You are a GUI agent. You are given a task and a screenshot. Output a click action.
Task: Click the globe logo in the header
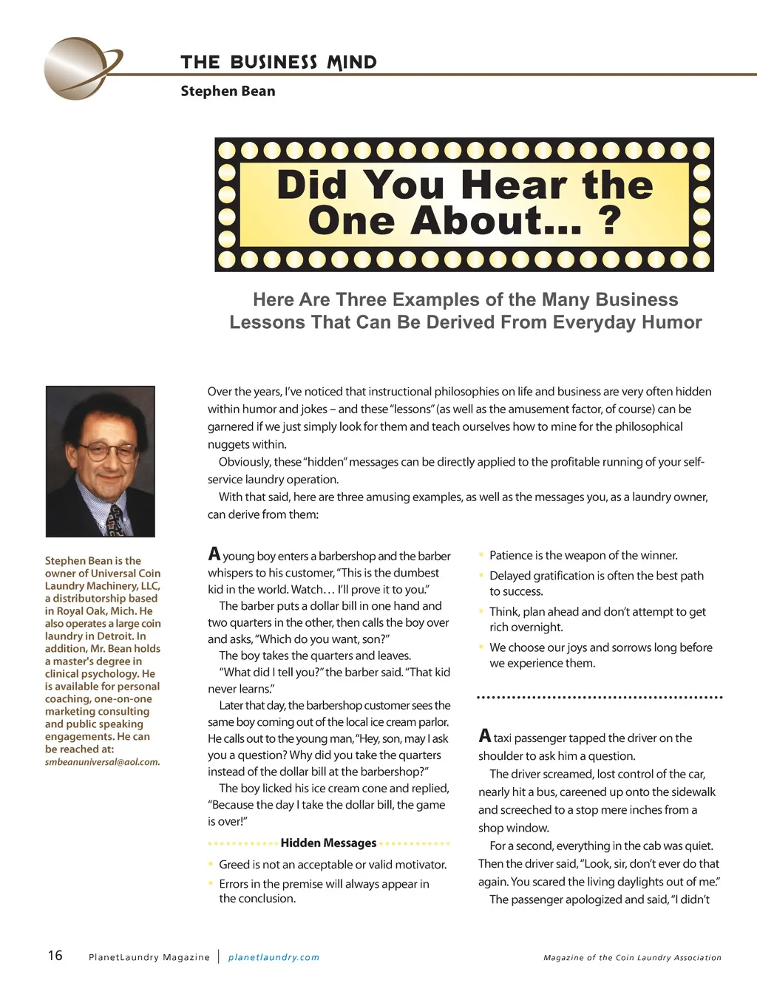[x=78, y=68]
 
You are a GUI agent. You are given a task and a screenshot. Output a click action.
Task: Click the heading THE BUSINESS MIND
[x=279, y=62]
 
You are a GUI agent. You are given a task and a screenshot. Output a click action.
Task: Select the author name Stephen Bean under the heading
[x=228, y=91]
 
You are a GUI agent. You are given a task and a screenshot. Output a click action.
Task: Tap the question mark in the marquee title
[x=610, y=220]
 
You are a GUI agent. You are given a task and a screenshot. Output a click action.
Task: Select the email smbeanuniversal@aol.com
[x=102, y=762]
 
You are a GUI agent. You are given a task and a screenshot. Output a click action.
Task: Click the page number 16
[x=55, y=956]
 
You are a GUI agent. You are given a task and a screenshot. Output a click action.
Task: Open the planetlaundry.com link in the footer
[x=274, y=957]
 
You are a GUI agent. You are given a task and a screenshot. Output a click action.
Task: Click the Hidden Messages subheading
[x=328, y=843]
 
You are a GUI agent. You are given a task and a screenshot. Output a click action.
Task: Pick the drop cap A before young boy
[x=214, y=554]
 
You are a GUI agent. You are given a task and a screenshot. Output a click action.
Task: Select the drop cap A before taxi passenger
[x=485, y=735]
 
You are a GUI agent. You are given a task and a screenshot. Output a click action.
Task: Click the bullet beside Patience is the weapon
[x=482, y=555]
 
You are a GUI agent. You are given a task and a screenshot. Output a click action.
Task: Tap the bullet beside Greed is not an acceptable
[x=211, y=864]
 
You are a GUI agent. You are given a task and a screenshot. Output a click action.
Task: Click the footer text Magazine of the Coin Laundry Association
[x=632, y=957]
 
